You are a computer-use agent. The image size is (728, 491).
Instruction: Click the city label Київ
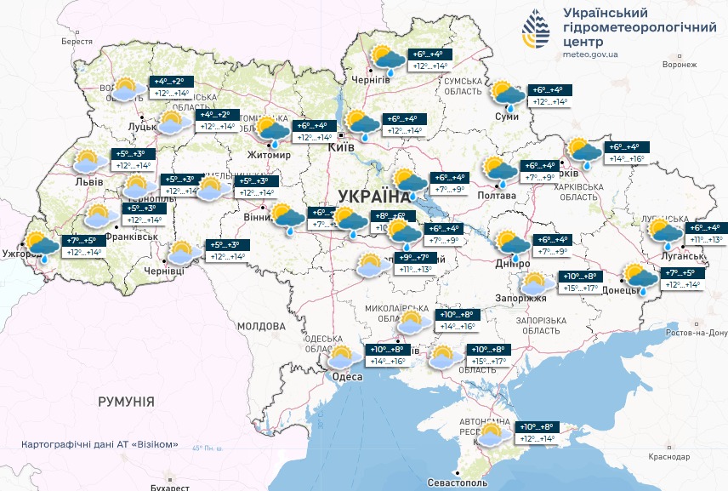(x=341, y=147)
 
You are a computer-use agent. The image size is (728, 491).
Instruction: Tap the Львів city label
(x=89, y=182)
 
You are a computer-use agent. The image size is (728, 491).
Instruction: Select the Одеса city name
(x=349, y=375)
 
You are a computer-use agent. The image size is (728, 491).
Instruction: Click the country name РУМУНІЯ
(x=126, y=401)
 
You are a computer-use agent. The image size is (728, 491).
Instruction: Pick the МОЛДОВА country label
(x=260, y=326)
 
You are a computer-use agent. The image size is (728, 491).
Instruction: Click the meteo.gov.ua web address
(x=592, y=54)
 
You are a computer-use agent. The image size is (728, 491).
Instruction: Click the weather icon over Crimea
(x=492, y=434)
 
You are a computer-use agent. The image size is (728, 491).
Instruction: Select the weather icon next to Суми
(x=507, y=95)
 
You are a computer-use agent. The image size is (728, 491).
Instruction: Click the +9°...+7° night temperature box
(x=416, y=258)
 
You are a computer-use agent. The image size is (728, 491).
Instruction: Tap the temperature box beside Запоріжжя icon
(x=581, y=282)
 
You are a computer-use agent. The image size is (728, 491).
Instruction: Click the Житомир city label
(x=268, y=156)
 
